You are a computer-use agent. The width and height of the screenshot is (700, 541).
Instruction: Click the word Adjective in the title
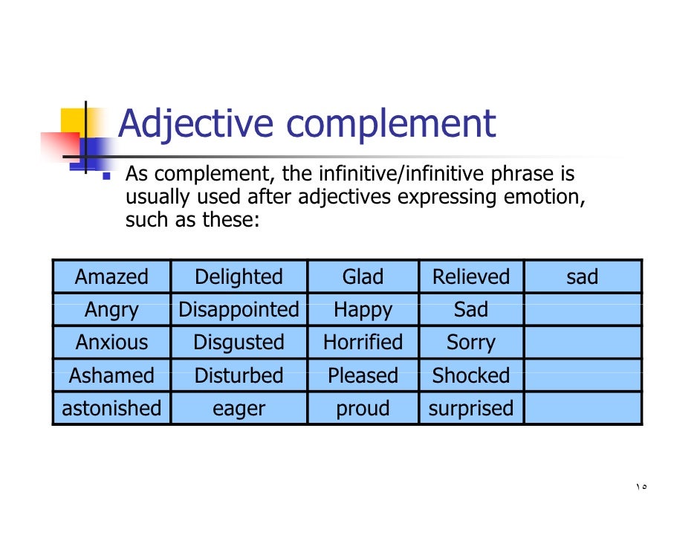point(198,125)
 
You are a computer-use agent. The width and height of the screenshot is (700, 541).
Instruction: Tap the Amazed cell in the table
point(111,277)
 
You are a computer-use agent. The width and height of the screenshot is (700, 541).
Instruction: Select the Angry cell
point(111,310)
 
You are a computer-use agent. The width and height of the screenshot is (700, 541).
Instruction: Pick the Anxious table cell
point(111,343)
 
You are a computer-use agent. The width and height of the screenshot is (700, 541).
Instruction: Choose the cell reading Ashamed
point(111,375)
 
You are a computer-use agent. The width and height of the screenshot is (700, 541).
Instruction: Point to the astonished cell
point(111,408)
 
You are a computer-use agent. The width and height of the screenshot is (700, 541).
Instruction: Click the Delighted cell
point(239,277)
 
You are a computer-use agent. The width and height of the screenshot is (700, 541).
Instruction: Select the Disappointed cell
point(239,310)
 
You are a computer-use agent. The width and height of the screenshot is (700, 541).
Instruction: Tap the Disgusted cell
point(239,343)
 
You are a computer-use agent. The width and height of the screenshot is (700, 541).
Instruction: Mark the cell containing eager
point(239,408)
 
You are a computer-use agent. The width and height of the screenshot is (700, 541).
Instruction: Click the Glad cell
point(363,277)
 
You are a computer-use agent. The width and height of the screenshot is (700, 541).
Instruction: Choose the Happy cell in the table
point(363,310)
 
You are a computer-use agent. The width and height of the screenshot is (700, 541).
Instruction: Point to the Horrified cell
point(363,343)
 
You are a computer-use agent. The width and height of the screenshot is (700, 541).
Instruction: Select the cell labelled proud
point(363,408)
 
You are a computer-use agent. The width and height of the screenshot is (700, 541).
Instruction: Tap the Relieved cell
point(471,277)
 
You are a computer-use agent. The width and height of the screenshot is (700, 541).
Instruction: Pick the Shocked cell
point(471,375)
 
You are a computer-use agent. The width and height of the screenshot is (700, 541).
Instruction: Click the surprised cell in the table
point(471,408)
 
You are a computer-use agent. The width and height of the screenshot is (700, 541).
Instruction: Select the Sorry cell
point(471,343)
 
